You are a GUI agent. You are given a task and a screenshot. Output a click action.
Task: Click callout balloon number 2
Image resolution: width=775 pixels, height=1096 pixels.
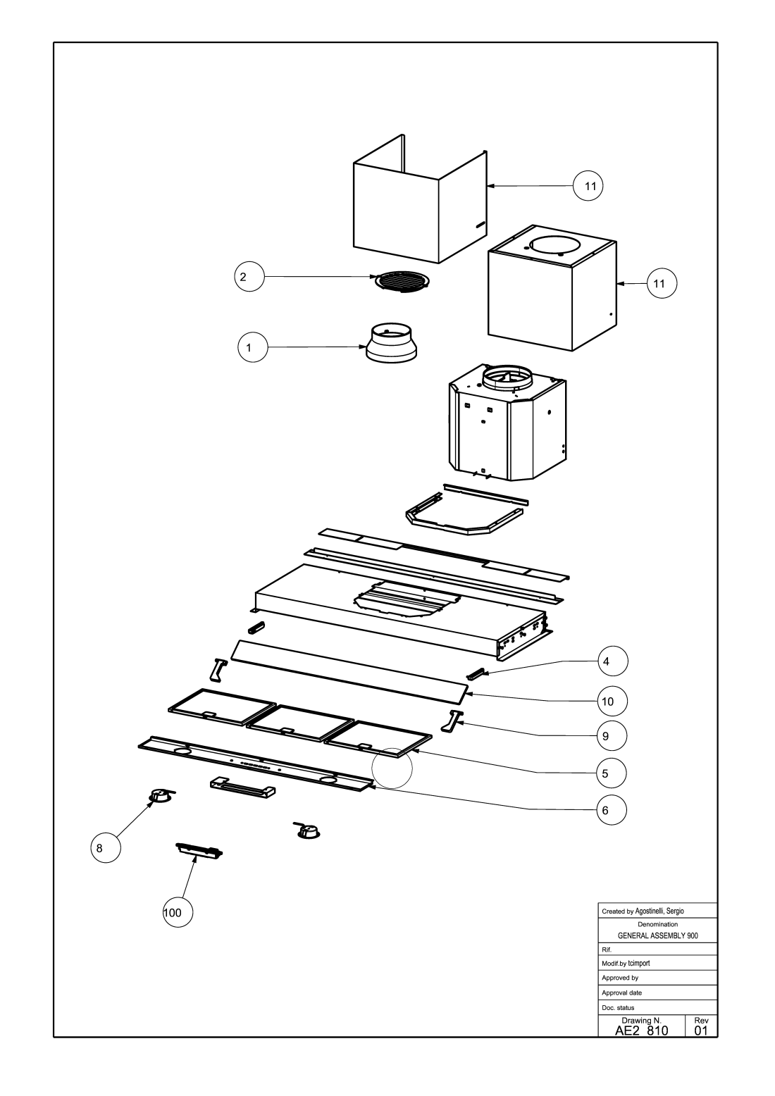[x=249, y=278]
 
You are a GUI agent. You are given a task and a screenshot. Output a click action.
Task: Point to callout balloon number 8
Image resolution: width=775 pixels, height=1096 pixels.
[x=105, y=849]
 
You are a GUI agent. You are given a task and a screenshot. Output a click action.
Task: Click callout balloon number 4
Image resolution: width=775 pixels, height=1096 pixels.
[x=612, y=661]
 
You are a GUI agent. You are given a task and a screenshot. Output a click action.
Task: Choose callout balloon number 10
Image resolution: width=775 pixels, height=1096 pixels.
[x=612, y=702]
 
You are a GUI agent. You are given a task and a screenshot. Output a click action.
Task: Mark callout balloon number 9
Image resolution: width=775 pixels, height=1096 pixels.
[x=612, y=736]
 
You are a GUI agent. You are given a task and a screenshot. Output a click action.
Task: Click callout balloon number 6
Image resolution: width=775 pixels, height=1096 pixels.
[x=612, y=811]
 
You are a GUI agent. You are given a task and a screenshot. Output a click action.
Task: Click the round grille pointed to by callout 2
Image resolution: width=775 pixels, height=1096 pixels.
[x=402, y=281]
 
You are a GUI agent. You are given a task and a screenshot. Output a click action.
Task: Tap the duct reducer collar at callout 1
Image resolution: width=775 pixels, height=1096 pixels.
[x=392, y=343]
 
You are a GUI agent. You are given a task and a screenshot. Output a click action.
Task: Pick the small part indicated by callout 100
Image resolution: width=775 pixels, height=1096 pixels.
[x=199, y=851]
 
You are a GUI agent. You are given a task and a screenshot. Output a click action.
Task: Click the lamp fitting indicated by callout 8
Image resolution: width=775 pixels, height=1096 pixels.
[x=161, y=796]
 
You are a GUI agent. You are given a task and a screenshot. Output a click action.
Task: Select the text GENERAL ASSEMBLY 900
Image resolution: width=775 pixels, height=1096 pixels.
[x=657, y=936]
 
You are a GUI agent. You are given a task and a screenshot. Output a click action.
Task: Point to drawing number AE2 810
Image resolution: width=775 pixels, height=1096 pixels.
[x=641, y=1030]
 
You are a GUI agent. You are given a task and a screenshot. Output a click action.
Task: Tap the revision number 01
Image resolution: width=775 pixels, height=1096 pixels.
[x=700, y=1030]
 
